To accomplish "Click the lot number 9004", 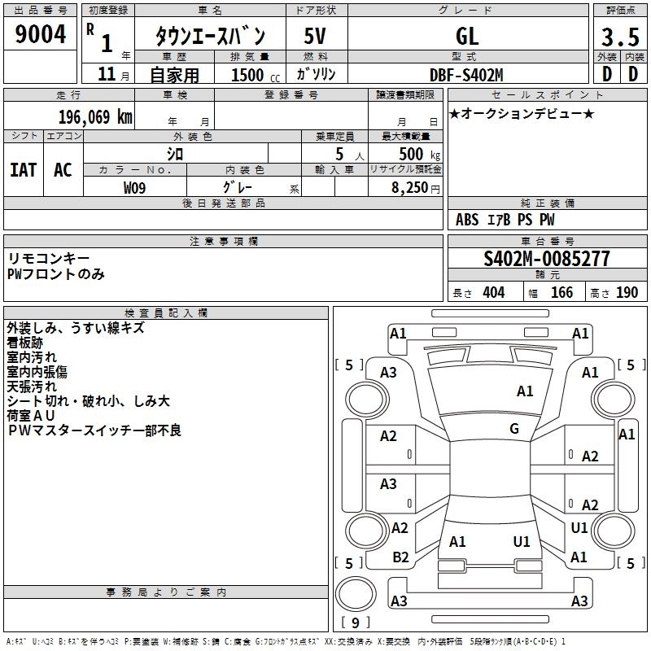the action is click(41, 34).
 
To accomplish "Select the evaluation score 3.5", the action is click(619, 37).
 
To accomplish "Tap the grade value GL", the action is click(467, 36).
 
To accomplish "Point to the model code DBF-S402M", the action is click(466, 75).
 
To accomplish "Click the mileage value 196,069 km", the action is click(94, 116).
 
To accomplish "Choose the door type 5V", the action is click(316, 36).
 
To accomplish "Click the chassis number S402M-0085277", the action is click(546, 260).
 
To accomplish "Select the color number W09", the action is click(135, 188).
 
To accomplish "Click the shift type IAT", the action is click(23, 169).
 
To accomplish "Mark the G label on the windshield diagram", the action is click(514, 429).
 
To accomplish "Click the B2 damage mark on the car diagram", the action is click(400, 557).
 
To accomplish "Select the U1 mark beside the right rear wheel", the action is click(579, 528).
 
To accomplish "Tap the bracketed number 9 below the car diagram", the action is click(355, 623).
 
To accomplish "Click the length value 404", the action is click(492, 292).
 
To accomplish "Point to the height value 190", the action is click(626, 292).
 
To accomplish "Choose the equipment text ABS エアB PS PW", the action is click(505, 220).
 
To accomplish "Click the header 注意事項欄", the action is click(224, 242).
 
